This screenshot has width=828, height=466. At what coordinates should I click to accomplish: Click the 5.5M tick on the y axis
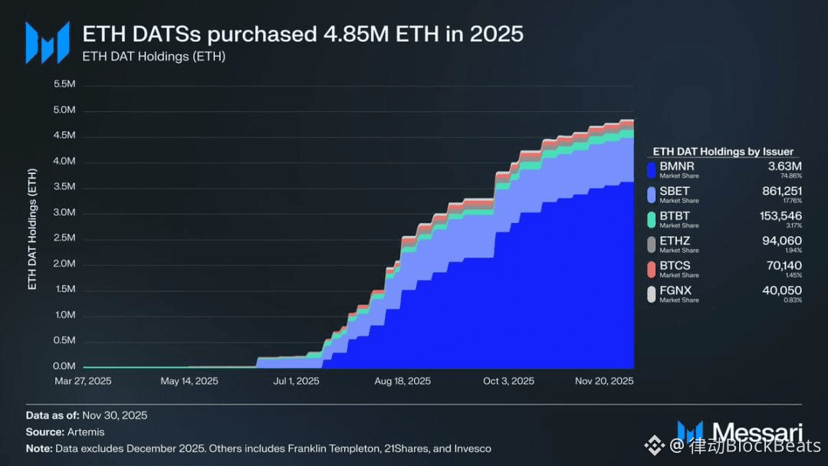click(64, 84)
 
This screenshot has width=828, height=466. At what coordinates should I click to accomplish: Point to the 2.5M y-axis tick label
click(64, 238)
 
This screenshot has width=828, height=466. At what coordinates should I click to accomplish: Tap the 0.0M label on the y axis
click(64, 366)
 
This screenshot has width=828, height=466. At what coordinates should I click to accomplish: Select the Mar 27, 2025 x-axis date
click(83, 381)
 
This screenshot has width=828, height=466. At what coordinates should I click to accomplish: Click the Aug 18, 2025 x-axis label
click(402, 381)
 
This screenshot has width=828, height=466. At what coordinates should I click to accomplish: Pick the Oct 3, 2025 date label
click(508, 381)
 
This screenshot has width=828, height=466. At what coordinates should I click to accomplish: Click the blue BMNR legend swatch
click(652, 169)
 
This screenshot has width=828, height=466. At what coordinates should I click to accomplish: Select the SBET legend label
click(675, 189)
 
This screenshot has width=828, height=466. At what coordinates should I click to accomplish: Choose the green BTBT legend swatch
click(652, 218)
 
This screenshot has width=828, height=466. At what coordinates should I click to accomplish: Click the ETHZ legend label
click(675, 241)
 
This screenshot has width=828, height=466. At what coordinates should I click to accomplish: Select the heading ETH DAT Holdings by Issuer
click(722, 152)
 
